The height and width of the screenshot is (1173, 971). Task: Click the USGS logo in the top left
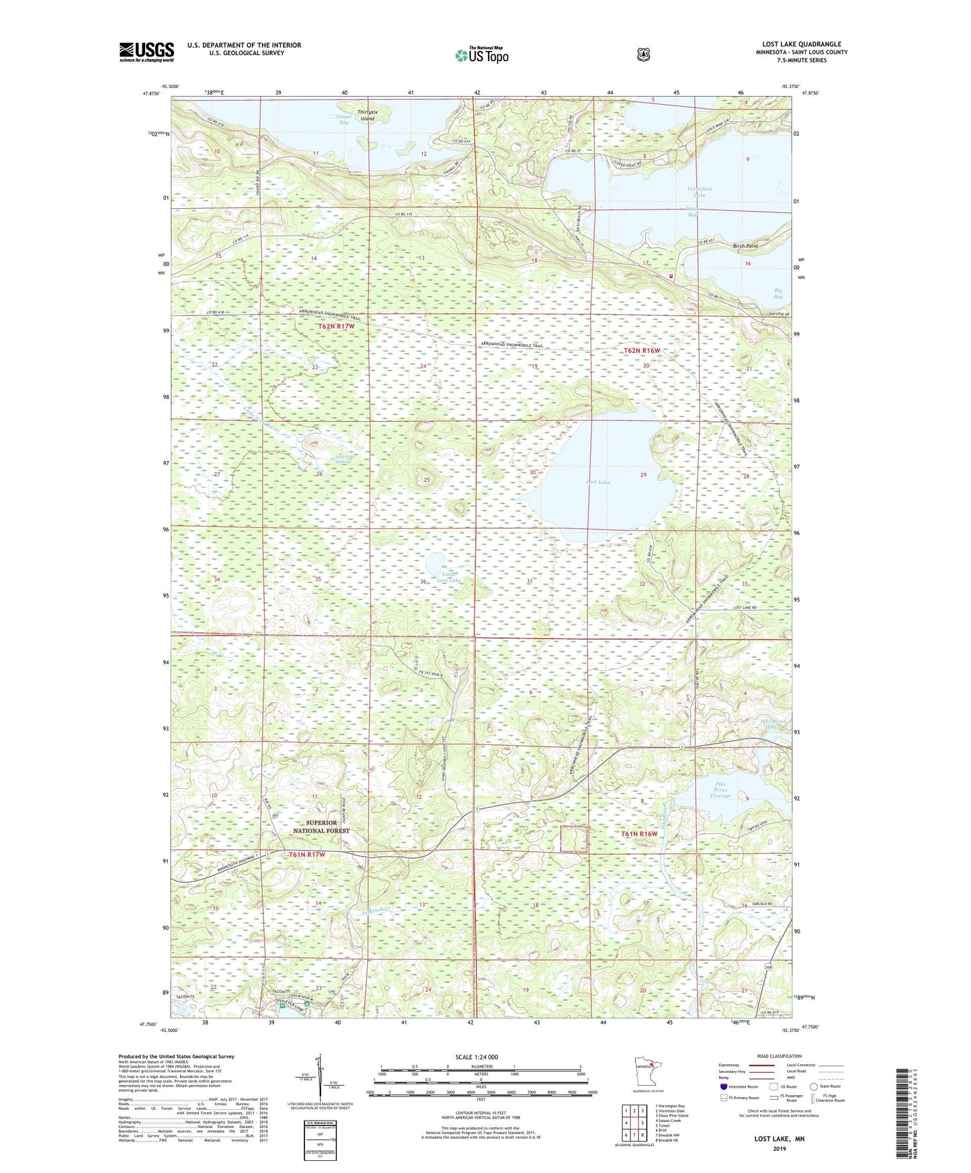(146, 52)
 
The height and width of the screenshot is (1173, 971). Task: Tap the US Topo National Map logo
(481, 54)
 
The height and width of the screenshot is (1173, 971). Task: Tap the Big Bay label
(777, 293)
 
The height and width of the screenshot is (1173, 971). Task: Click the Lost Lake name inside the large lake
(597, 482)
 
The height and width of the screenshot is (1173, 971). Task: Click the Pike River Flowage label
(720, 789)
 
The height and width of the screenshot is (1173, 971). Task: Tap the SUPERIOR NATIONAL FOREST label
(321, 826)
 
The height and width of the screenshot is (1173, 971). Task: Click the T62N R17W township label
(335, 326)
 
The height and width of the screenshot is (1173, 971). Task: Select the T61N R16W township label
(638, 834)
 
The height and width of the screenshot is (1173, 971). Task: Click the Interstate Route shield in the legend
(723, 1086)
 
